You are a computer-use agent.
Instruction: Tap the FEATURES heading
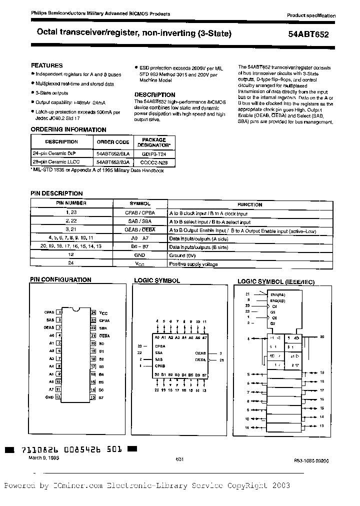point(47,65)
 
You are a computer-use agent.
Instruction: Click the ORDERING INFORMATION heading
point(61,129)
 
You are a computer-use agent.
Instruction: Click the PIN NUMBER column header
point(70,203)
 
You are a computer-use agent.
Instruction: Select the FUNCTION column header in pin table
point(249,204)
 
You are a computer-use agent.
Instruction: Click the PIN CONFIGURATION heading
point(61,280)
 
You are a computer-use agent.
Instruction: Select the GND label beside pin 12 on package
point(49,397)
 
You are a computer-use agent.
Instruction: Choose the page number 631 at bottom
point(180,459)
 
